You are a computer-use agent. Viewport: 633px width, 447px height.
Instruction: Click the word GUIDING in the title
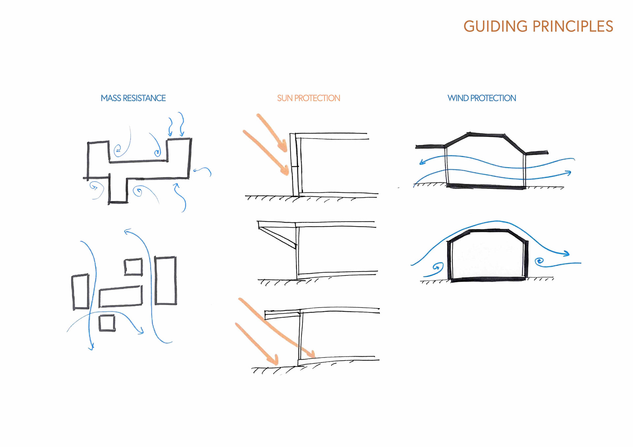(495, 27)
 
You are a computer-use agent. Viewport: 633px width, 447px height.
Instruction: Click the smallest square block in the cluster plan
(107, 323)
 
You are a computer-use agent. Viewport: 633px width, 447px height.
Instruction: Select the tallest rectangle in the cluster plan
(166, 280)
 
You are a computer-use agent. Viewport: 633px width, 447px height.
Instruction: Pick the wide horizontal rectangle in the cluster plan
(121, 296)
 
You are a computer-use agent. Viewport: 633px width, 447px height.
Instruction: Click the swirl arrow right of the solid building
(539, 262)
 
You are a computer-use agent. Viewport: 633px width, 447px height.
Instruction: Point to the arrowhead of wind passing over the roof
(566, 254)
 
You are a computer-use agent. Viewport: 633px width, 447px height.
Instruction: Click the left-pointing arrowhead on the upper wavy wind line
(422, 162)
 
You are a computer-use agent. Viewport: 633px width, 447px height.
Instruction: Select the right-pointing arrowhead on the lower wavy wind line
(568, 173)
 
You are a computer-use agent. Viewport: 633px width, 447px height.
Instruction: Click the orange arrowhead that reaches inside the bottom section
(311, 354)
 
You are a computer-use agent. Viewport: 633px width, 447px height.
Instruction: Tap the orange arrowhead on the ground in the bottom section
(274, 360)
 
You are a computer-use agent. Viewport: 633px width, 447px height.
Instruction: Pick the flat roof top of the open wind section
(487, 134)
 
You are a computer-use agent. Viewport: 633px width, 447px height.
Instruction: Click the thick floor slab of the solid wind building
(488, 280)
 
